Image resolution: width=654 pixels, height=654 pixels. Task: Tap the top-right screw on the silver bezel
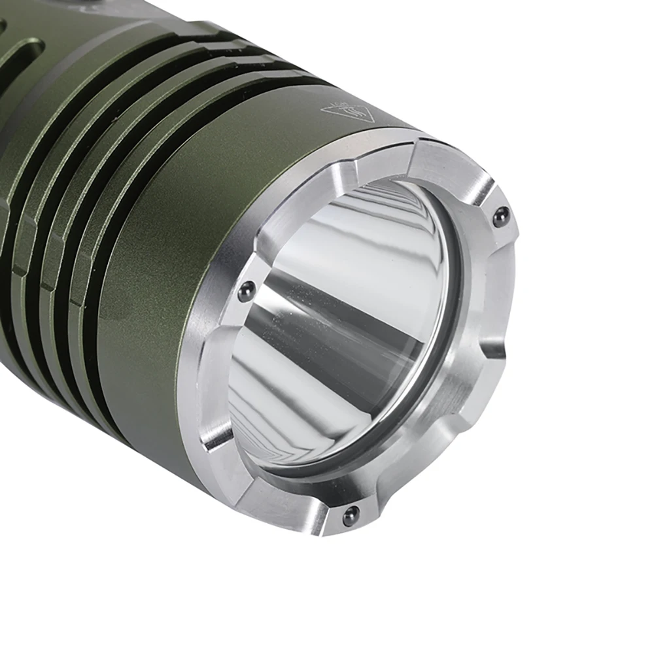pyautogui.click(x=501, y=216)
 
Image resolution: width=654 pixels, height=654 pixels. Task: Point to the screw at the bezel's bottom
pyautogui.click(x=353, y=514)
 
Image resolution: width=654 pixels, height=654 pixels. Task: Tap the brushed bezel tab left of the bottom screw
pyautogui.click(x=288, y=497)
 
